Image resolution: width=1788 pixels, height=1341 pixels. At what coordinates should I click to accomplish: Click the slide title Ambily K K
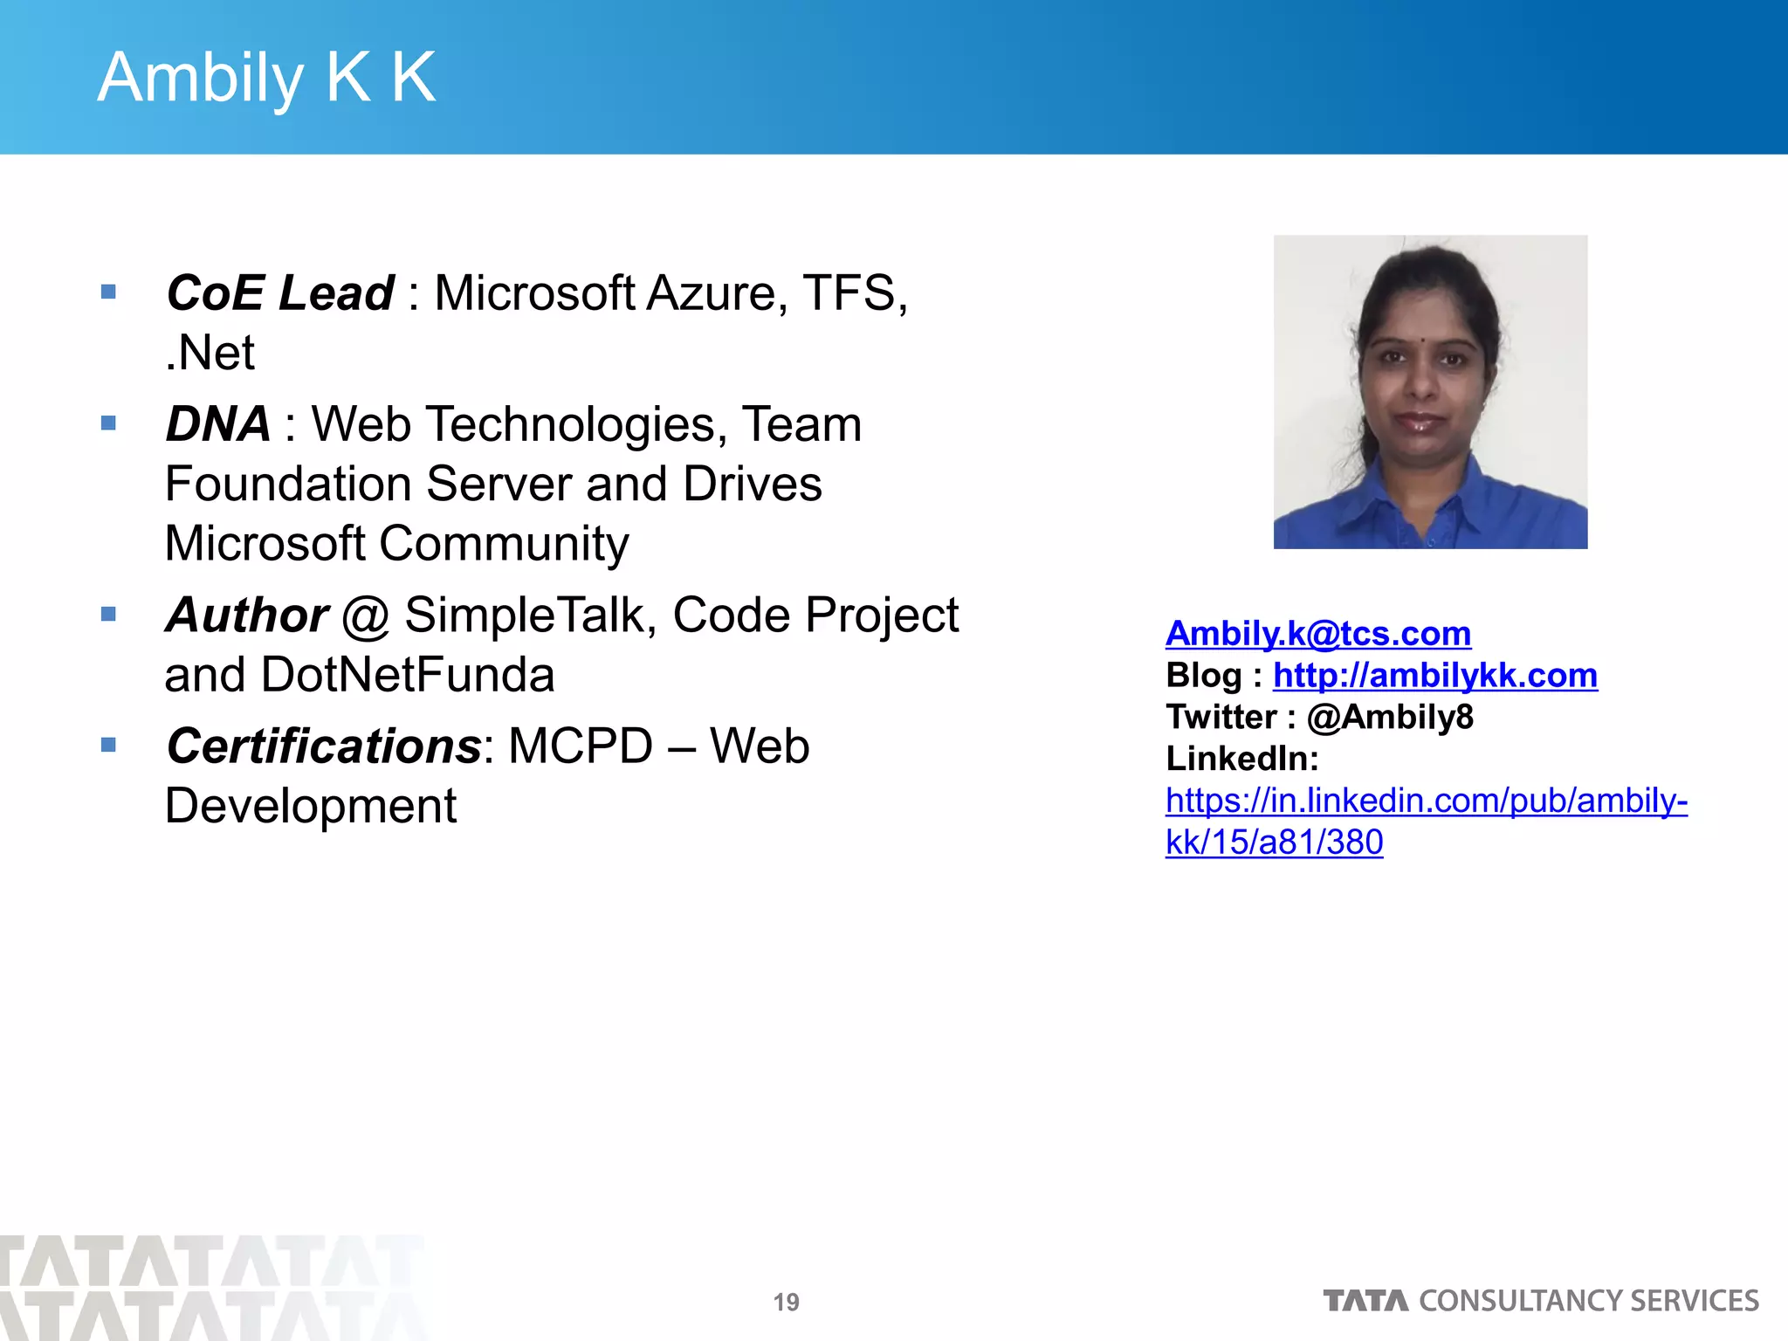[x=266, y=79]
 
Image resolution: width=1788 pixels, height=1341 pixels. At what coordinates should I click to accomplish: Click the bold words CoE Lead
[x=280, y=292]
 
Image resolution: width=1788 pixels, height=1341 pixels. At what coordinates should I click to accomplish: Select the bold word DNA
[x=217, y=424]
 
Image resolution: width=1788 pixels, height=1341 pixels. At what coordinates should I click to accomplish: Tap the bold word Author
[x=247, y=615]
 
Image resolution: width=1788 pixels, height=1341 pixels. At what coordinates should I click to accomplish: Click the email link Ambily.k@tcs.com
[x=1318, y=634]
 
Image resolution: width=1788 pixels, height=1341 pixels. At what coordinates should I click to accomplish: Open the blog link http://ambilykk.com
[x=1435, y=676]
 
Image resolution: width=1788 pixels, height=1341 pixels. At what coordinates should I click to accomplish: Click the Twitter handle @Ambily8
[x=1390, y=718]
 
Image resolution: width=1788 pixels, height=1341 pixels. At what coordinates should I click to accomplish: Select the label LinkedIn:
[x=1241, y=759]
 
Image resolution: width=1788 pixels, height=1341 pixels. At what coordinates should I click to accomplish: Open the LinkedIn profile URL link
[x=1426, y=801]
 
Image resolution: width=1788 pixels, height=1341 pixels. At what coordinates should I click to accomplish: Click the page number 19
[x=786, y=1303]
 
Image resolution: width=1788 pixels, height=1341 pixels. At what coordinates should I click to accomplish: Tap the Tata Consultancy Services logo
[x=1541, y=1301]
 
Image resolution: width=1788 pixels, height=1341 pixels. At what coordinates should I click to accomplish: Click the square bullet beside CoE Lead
[x=108, y=292]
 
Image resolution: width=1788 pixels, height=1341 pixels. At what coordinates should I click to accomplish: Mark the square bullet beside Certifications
[x=108, y=745]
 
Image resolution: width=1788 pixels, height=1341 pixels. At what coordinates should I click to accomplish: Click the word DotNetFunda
[x=408, y=675]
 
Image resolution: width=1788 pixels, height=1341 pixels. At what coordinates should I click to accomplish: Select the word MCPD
[x=580, y=746]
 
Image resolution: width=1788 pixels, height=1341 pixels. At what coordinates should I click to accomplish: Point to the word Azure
[x=711, y=292]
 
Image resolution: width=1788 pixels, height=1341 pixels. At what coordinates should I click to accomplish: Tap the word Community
[x=504, y=544]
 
